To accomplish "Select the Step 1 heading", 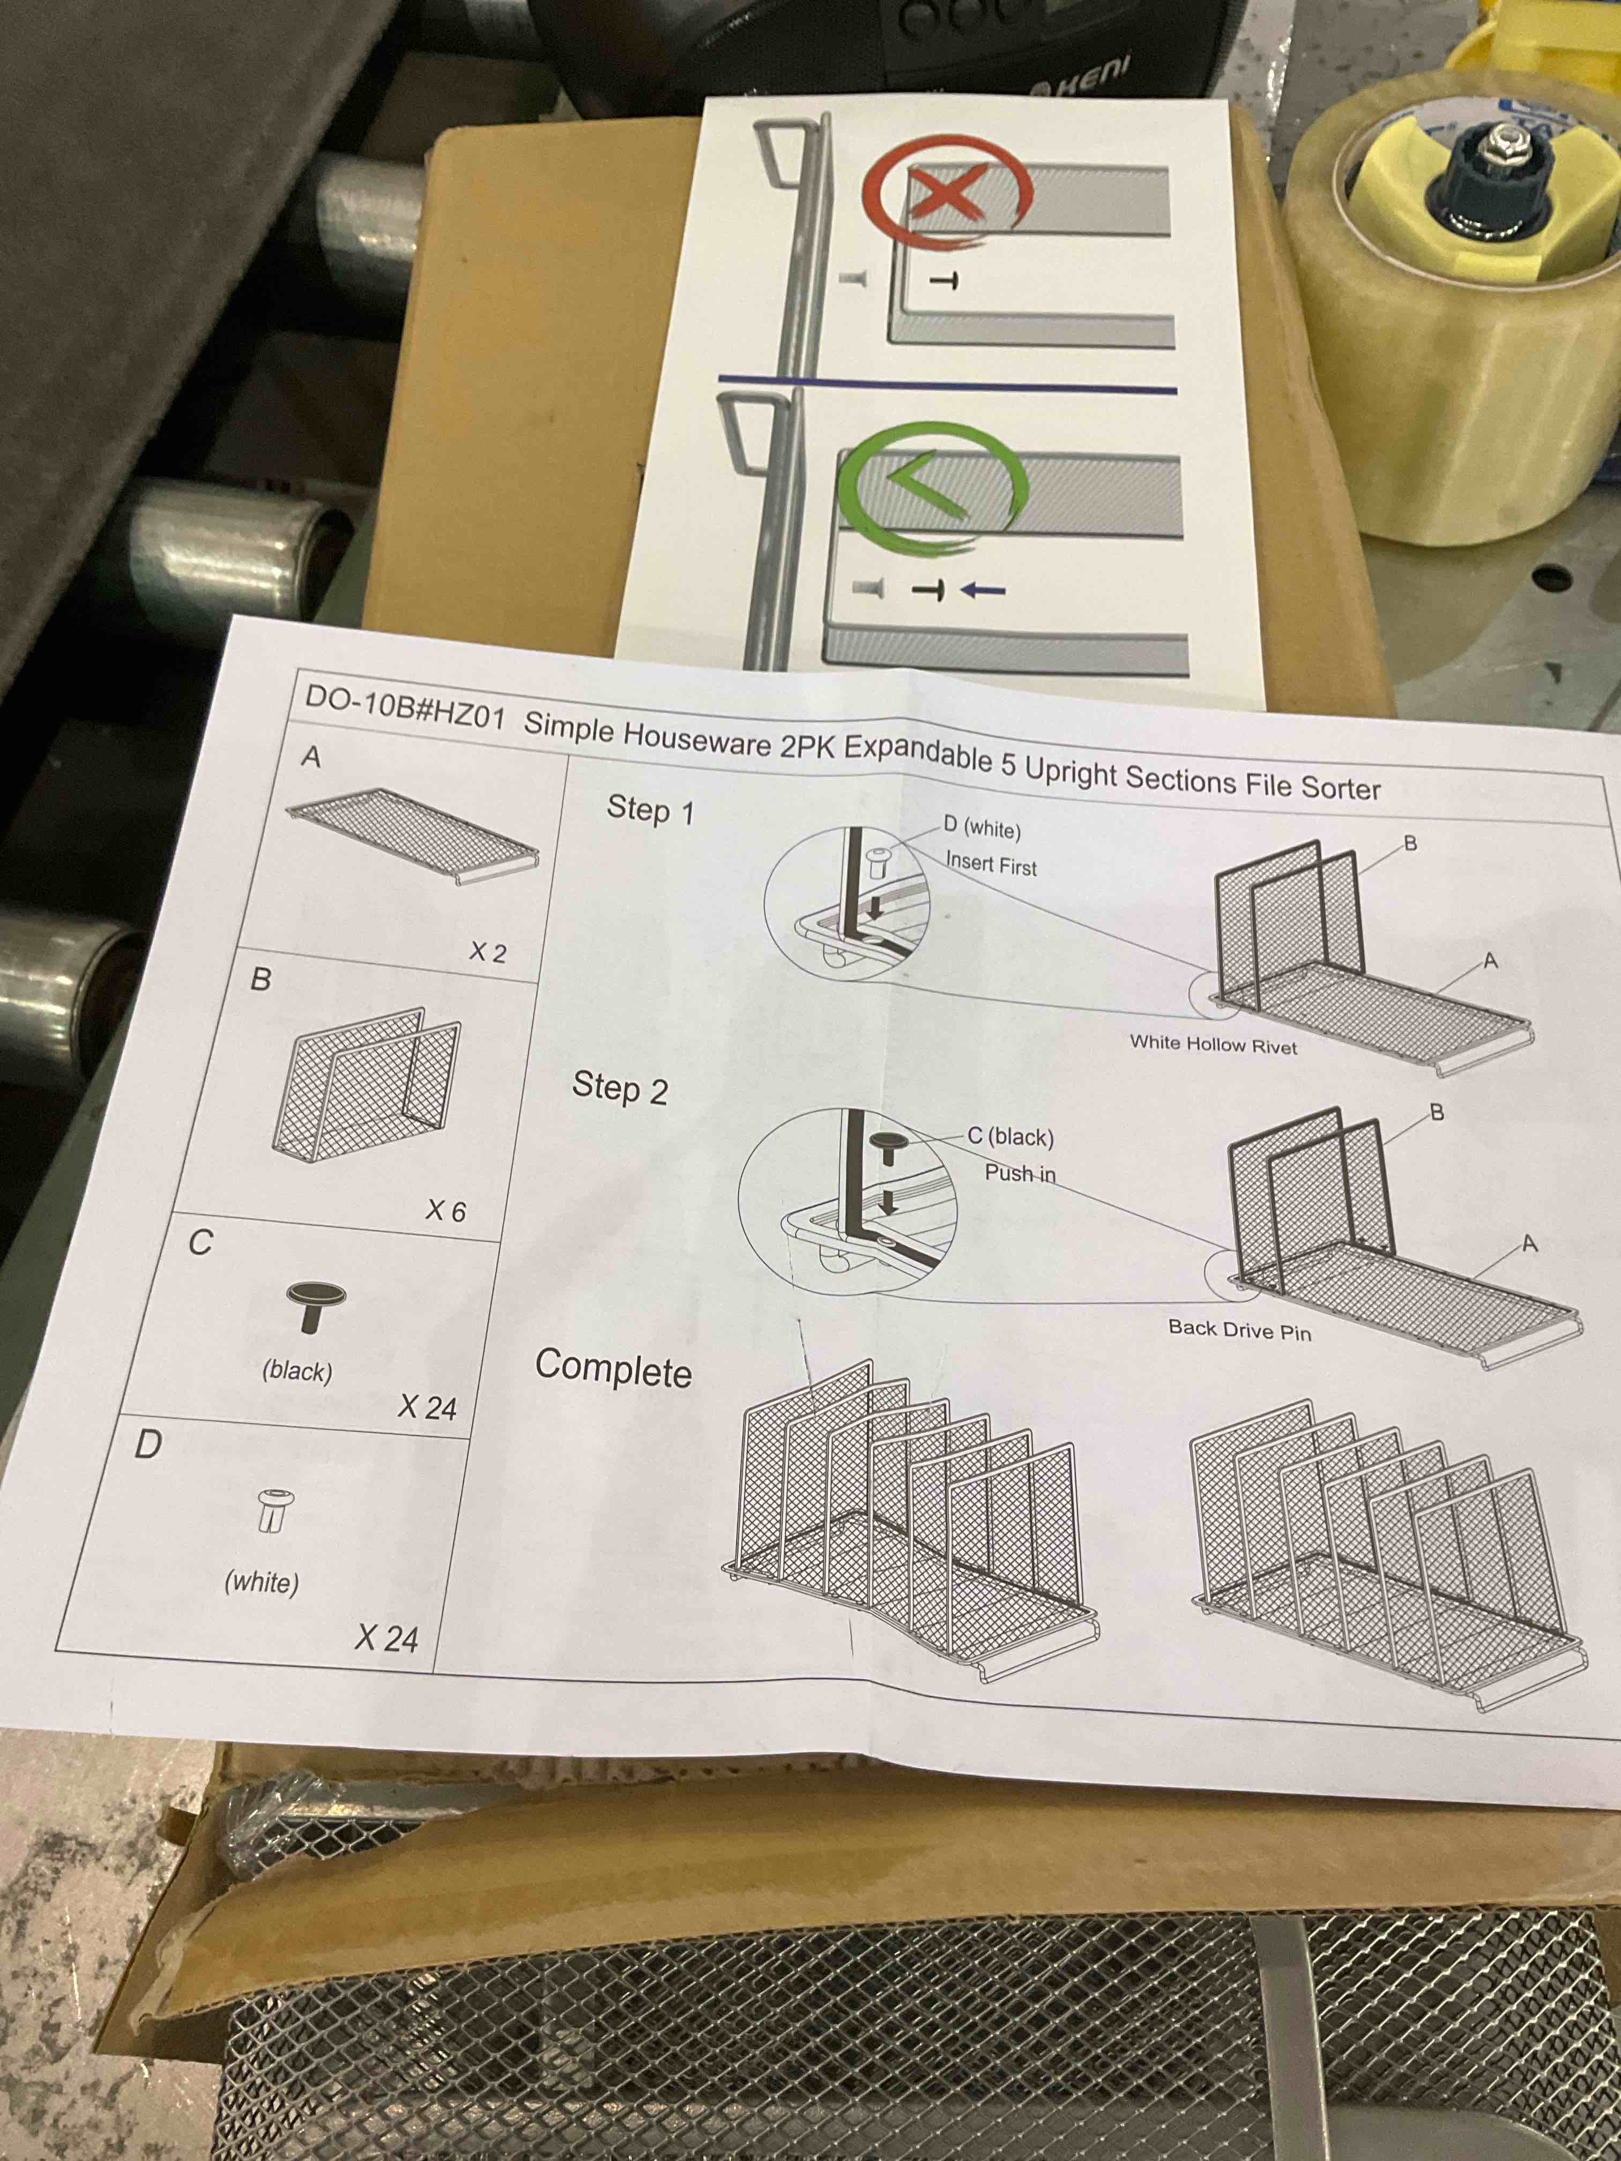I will pyautogui.click(x=650, y=810).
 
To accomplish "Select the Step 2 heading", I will pyautogui.click(x=620, y=1087).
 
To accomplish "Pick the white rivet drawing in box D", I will pyautogui.click(x=273, y=1509).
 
